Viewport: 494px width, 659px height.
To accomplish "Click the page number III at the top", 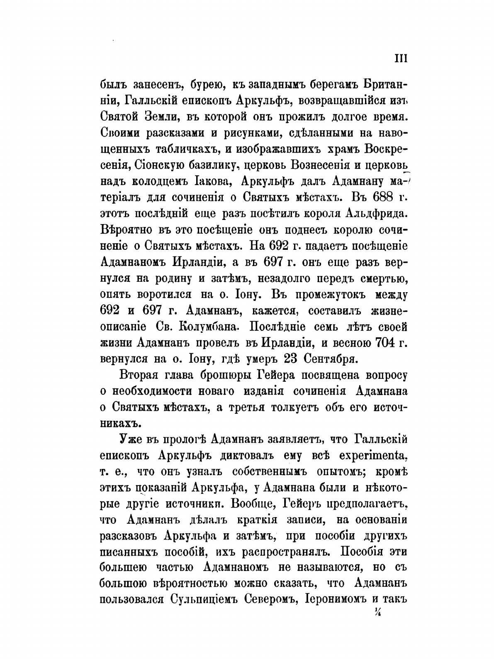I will (x=400, y=59).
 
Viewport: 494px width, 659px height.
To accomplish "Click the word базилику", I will (x=217, y=165).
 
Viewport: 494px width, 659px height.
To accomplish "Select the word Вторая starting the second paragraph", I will (x=141, y=375).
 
